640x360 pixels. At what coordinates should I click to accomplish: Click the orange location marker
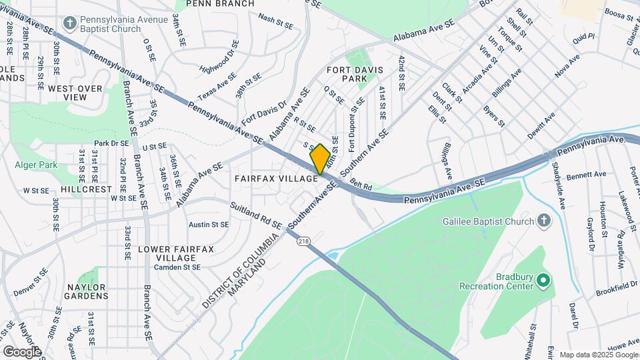point(320,159)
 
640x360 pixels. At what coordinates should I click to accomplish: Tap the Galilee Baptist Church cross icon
point(544,221)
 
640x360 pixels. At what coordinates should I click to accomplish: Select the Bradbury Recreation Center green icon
point(543,281)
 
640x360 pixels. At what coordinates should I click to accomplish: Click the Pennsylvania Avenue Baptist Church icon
point(69,24)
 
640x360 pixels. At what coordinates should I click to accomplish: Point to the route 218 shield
point(305,241)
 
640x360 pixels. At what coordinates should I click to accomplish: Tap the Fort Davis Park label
point(346,73)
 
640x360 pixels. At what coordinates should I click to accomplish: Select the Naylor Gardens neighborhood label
point(87,291)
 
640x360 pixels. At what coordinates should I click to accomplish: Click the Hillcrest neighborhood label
point(87,189)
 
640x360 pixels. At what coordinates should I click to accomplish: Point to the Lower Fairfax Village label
point(176,253)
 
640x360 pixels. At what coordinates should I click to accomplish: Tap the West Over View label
point(75,92)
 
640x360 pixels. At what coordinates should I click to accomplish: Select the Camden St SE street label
point(177,267)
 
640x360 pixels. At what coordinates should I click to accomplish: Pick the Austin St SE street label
point(209,225)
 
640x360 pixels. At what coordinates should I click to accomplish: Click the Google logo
point(22,351)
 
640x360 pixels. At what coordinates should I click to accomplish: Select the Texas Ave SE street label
point(217,87)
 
